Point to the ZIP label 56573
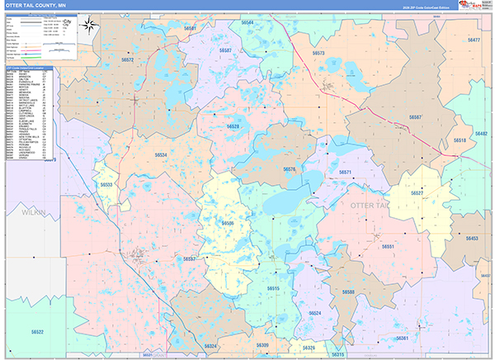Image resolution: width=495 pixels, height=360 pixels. pos(318,54)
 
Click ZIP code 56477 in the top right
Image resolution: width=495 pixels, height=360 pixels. pos(473,40)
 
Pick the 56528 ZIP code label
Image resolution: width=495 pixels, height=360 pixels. pos(233,126)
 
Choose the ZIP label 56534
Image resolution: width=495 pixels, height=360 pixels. pos(161,154)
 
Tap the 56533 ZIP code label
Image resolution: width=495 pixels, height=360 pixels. pos(107,185)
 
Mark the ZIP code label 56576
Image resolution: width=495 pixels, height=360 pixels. pos(290,169)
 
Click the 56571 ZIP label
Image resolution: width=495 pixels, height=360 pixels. pos(345,173)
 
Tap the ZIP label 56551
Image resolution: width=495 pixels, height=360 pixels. pos(388,247)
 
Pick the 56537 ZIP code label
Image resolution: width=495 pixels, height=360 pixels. pos(189,259)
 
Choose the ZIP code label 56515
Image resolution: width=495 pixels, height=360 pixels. pos(273,288)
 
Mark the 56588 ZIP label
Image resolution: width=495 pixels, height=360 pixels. pos(348,292)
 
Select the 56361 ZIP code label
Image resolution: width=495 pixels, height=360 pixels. pos(402,339)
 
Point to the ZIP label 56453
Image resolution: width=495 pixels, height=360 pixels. pos(471,239)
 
